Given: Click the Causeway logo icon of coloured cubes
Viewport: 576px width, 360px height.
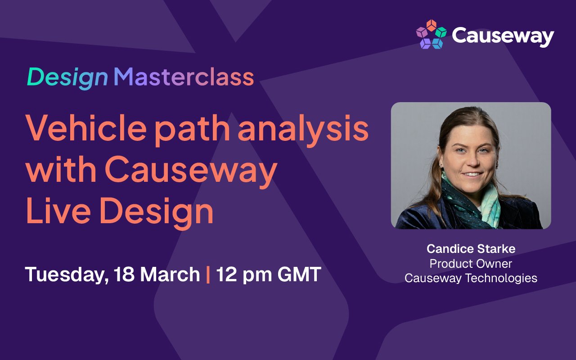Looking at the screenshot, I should pos(431,35).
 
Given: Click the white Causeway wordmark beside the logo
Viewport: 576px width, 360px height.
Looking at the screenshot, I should pos(503,36).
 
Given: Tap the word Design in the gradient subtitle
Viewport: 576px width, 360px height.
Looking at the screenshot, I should pos(67,77).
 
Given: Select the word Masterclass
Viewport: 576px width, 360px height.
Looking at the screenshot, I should pos(184,77).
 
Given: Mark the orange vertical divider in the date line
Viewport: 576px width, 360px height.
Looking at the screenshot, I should pos(208,274).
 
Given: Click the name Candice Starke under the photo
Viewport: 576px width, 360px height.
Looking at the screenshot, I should pos(471,248).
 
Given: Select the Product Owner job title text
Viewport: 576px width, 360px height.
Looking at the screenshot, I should pos(471,263).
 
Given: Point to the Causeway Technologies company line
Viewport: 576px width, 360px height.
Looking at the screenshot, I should pos(471,278).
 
